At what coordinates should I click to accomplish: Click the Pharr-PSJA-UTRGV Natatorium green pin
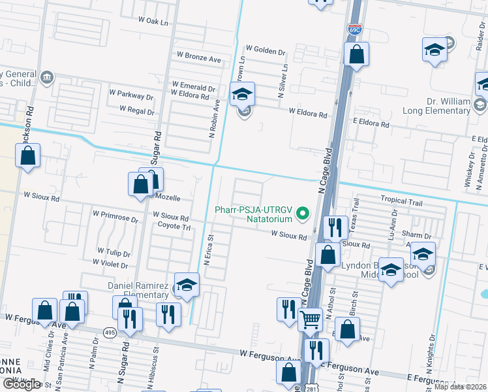302,213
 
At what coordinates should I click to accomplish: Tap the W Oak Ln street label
153,22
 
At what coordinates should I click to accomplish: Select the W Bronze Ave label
196,59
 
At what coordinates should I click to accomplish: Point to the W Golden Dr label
266,50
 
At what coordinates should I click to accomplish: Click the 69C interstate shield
355,29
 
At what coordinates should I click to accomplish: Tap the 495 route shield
110,333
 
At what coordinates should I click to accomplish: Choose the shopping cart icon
311,319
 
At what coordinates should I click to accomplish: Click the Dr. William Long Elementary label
440,106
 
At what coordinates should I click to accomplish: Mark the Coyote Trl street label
174,227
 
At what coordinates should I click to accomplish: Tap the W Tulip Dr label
114,251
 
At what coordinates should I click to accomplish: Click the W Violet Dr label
110,263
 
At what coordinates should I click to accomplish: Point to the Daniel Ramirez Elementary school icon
187,285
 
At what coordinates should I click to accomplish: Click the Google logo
22,384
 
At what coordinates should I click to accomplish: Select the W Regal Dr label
137,112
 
